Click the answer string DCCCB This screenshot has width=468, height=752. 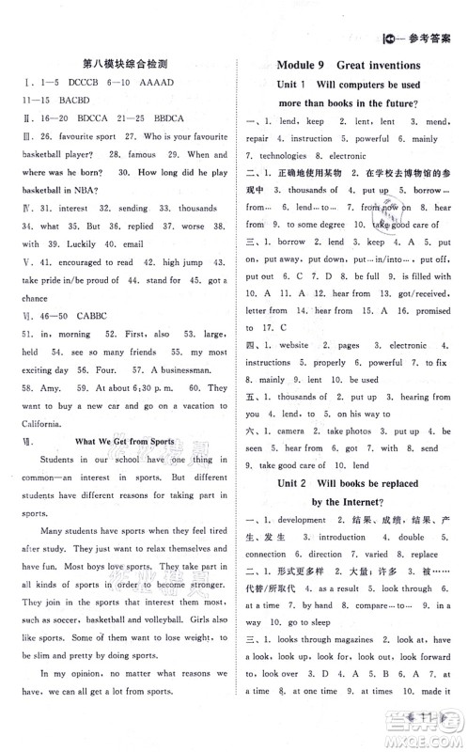tap(75, 83)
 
